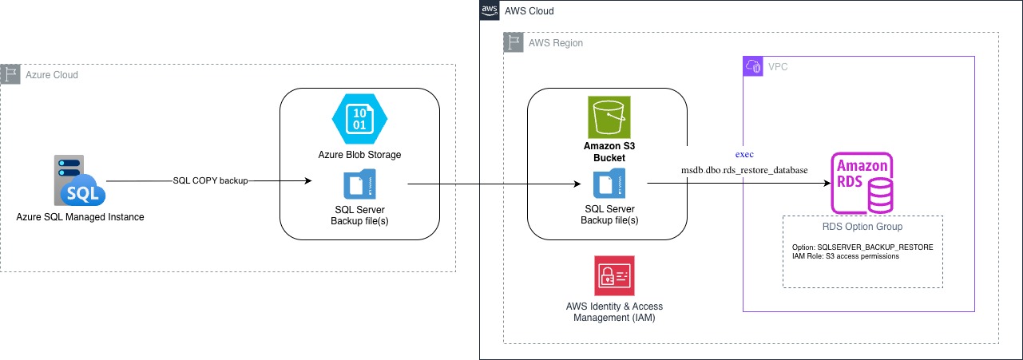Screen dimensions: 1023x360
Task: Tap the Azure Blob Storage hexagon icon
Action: [359, 119]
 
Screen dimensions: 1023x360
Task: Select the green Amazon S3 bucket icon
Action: [609, 117]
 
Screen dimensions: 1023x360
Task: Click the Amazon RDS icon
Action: [862, 183]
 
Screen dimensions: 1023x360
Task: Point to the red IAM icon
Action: [614, 275]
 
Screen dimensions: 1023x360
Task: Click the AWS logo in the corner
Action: [490, 10]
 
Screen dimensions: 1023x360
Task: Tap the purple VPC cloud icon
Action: [753, 66]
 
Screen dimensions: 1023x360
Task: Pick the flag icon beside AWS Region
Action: [513, 42]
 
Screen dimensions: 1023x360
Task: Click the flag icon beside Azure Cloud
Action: [10, 74]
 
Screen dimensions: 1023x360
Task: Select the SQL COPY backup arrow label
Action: [210, 180]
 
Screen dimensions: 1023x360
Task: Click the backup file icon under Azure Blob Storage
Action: [359, 184]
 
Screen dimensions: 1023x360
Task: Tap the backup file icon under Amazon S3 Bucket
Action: [609, 184]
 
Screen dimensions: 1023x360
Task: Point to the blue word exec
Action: [744, 154]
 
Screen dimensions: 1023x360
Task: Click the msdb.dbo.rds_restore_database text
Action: [744, 170]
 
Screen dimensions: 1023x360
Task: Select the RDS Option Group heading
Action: [862, 227]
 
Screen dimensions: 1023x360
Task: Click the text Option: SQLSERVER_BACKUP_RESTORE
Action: [862, 247]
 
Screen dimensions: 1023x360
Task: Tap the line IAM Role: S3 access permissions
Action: [846, 256]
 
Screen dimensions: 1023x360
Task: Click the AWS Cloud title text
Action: [529, 11]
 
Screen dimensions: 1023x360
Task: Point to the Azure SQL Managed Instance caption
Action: [80, 217]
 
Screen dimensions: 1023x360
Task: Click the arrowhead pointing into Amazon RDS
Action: [827, 184]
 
